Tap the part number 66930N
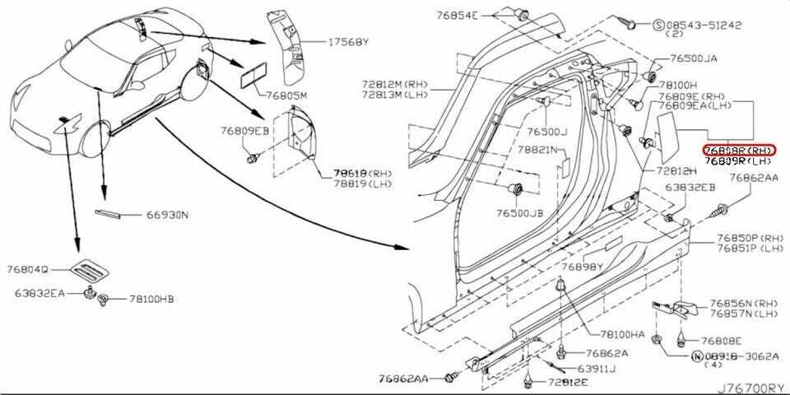[168, 215]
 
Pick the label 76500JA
[694, 58]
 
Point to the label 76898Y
[583, 266]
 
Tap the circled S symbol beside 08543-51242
[658, 26]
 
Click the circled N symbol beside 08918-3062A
[696, 356]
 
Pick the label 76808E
[721, 340]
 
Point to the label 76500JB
[519, 213]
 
